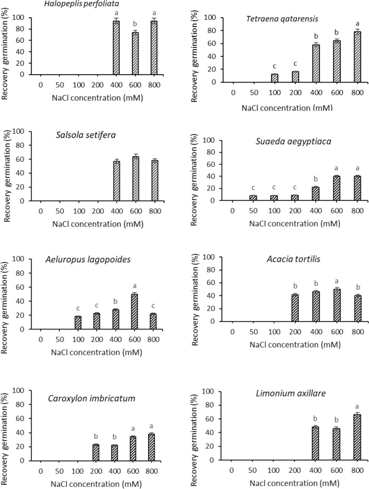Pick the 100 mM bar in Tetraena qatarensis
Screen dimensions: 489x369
coord(275,78)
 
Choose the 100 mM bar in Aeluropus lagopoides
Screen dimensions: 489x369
coord(78,323)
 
